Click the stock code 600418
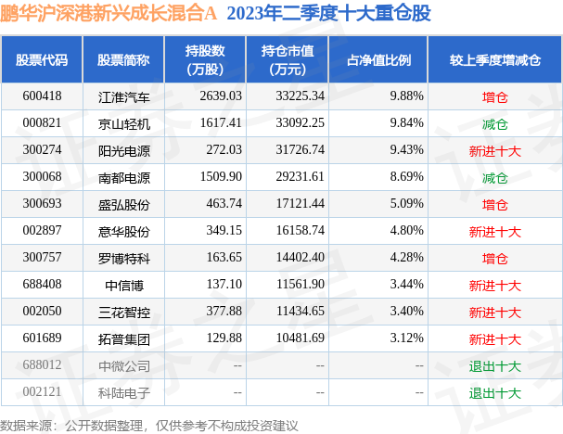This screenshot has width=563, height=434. pyautogui.click(x=42, y=96)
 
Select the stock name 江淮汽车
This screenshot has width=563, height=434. pyautogui.click(x=123, y=96)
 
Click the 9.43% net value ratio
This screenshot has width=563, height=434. pyautogui.click(x=406, y=149)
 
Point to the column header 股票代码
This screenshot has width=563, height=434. pyautogui.click(x=42, y=59)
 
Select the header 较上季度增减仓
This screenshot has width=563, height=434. pyautogui.click(x=494, y=59)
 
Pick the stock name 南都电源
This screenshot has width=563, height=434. pyautogui.click(x=123, y=176)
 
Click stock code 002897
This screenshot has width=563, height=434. pyautogui.click(x=42, y=231)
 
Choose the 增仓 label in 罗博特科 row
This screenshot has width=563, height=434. pyautogui.click(x=494, y=258)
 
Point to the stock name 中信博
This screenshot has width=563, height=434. pyautogui.click(x=123, y=285)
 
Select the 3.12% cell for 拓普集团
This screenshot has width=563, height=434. pyautogui.click(x=406, y=338)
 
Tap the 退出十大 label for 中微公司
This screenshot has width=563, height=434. pyautogui.click(x=494, y=365)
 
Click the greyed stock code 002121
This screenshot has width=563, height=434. pyautogui.click(x=42, y=392)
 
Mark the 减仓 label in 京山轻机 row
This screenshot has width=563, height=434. pyautogui.click(x=494, y=122)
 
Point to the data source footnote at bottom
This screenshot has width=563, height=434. pyautogui.click(x=149, y=425)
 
